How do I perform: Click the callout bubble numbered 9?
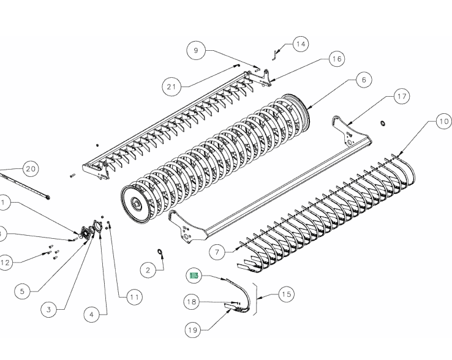click(196, 51)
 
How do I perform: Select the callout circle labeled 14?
click(300, 44)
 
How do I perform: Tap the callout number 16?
click(336, 59)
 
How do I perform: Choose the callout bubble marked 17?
click(401, 97)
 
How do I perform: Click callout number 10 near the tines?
click(442, 122)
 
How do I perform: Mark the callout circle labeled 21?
click(171, 87)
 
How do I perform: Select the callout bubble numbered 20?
click(29, 168)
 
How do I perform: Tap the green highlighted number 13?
click(194, 276)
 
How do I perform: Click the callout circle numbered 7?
click(216, 252)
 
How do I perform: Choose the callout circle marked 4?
click(91, 315)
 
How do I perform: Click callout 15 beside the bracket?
click(285, 294)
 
